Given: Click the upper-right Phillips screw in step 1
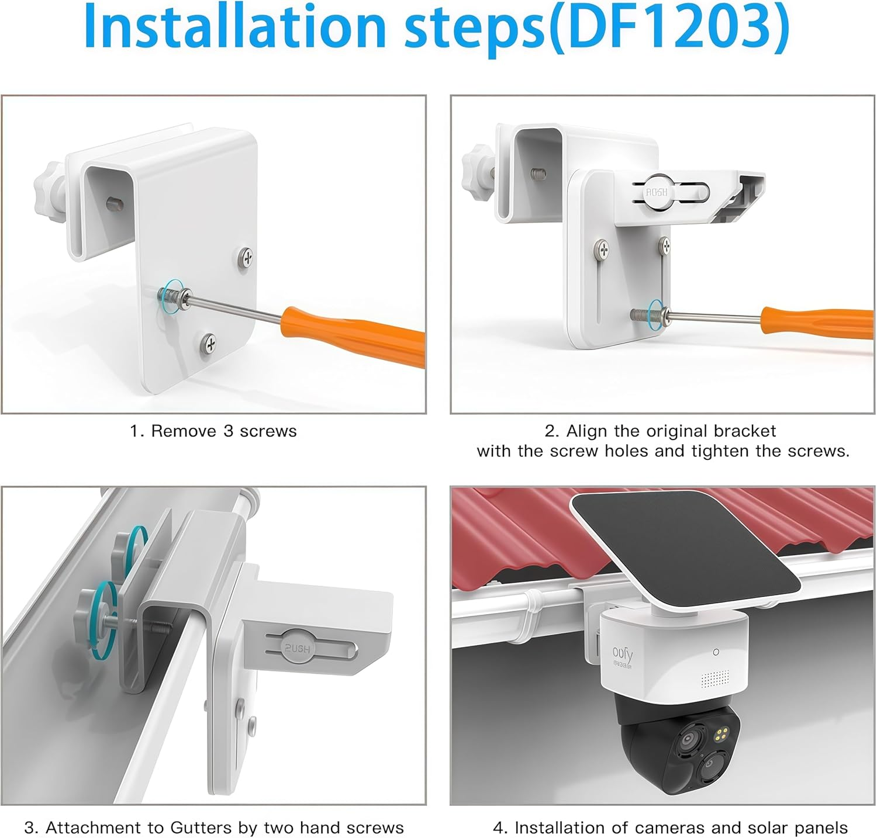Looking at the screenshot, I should coord(246,257).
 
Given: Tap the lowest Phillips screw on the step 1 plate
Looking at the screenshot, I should coord(209,343).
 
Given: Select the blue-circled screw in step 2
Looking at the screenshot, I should coord(655,314).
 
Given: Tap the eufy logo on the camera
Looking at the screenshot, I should coord(623,655).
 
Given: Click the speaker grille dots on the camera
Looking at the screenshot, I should coord(714,678).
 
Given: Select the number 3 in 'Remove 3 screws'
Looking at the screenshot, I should coord(228,431).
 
